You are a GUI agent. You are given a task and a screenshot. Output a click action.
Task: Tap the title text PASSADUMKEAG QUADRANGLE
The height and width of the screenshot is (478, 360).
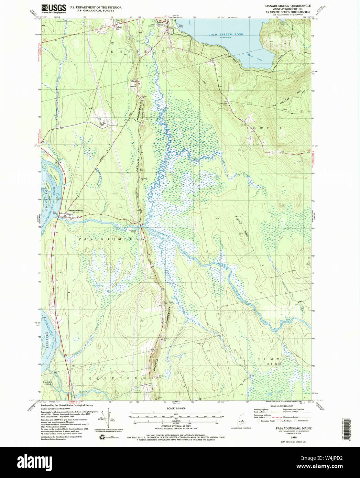point(287,6)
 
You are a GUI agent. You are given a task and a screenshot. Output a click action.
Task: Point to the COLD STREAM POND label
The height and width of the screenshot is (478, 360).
point(226,35)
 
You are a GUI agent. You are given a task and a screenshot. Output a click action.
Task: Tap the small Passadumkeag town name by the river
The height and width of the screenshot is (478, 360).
point(75,210)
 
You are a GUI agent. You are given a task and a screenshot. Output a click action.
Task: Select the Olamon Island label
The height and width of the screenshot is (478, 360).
point(47,383)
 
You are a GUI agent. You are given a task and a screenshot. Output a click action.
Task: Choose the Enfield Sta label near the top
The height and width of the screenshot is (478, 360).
point(119,28)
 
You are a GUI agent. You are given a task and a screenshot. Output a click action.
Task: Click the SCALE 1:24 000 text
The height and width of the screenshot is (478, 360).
point(176,408)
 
